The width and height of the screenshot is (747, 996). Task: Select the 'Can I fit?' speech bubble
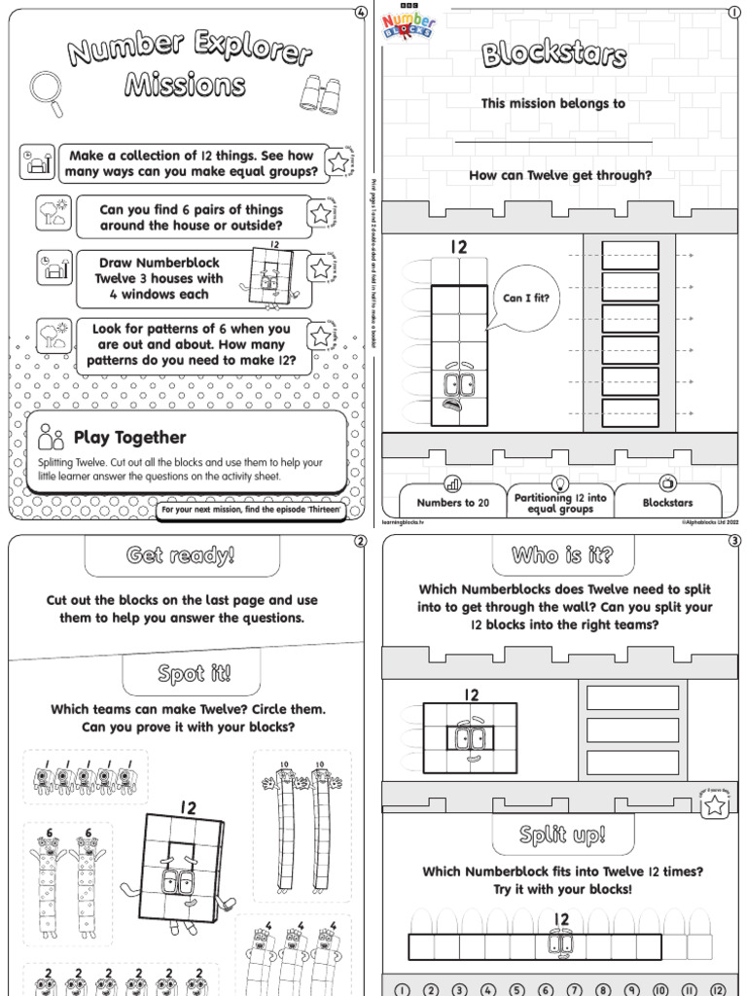(x=525, y=299)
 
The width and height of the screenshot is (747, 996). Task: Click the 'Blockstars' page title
(x=553, y=55)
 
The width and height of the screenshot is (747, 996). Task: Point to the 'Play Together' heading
(x=129, y=438)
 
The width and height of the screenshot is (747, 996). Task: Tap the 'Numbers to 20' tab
(x=452, y=503)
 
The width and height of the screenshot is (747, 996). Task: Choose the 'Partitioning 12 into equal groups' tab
(x=560, y=503)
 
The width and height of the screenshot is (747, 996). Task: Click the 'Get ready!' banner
(x=181, y=556)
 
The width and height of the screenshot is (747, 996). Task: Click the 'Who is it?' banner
(x=562, y=555)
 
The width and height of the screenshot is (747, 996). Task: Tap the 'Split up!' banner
(x=562, y=835)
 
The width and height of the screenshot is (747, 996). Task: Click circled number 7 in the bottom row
(x=572, y=988)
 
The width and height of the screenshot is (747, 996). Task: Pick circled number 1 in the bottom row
(x=404, y=988)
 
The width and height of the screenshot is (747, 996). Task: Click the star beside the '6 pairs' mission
(x=320, y=214)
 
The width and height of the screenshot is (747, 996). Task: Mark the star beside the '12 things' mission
(x=338, y=162)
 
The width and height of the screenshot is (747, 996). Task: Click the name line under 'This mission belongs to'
(x=552, y=142)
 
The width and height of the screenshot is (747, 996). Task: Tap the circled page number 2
(x=360, y=542)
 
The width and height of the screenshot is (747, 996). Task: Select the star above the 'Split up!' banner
(x=715, y=803)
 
